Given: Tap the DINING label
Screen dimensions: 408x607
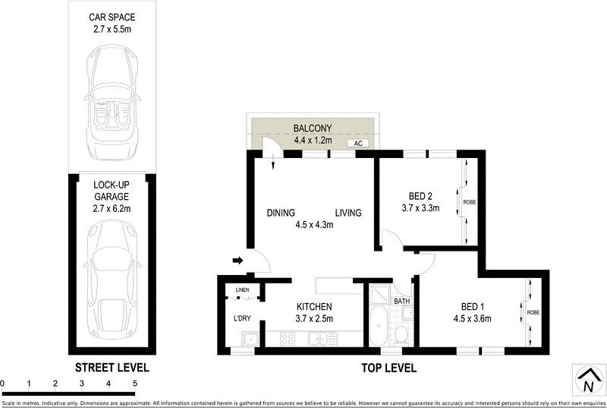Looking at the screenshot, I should pyautogui.click(x=280, y=213).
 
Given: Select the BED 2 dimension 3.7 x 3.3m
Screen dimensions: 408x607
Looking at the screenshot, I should pyautogui.click(x=420, y=207).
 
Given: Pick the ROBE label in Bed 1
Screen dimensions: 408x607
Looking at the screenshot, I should pyautogui.click(x=533, y=312).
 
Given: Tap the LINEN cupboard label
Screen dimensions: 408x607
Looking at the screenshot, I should pyautogui.click(x=242, y=290).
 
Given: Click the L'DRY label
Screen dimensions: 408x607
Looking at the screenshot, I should pyautogui.click(x=241, y=318).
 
